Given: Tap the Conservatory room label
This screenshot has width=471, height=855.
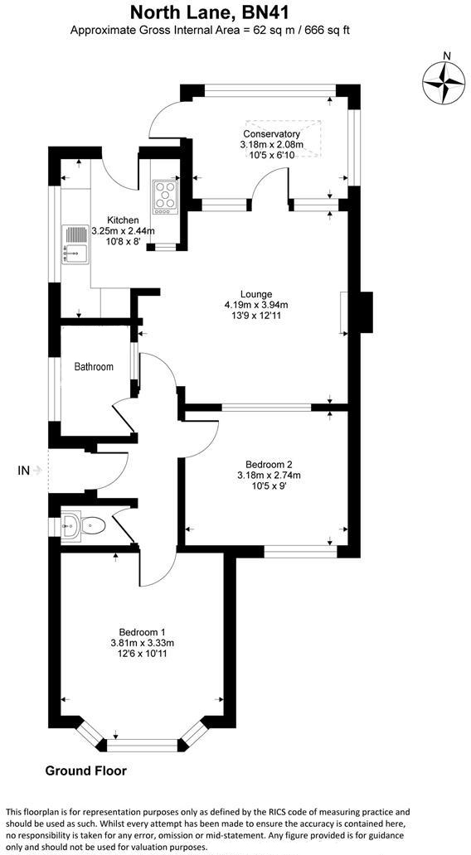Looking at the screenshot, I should (271, 134).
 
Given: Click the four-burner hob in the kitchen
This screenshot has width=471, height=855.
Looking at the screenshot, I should (165, 196).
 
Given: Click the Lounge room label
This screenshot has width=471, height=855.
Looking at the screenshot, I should (256, 294).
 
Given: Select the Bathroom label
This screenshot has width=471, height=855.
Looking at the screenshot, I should (94, 367).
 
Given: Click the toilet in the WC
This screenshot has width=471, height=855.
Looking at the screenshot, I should (88, 524).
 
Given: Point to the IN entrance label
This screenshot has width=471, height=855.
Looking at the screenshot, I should (23, 471).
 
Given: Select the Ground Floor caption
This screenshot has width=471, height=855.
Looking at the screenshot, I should (85, 770).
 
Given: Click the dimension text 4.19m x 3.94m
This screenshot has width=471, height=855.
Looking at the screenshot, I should (256, 305).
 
